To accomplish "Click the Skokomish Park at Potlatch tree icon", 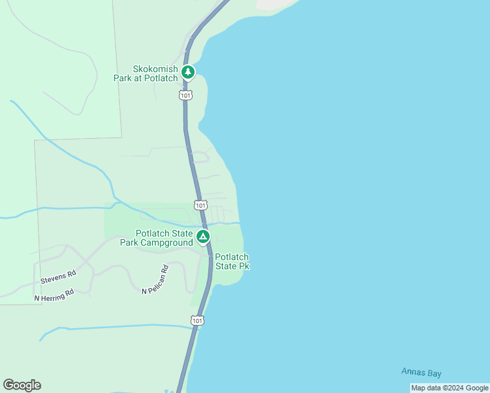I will (x=189, y=71).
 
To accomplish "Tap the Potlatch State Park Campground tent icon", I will (x=203, y=236).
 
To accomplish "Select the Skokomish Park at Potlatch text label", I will (x=155, y=73).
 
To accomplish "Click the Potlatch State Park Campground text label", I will (x=157, y=238).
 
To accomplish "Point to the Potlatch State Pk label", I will (x=232, y=262).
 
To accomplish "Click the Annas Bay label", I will (x=421, y=373).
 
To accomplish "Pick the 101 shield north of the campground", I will (x=201, y=205).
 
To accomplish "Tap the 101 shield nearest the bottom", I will (x=198, y=320).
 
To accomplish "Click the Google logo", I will (x=22, y=385).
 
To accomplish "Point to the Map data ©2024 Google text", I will (x=449, y=388).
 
